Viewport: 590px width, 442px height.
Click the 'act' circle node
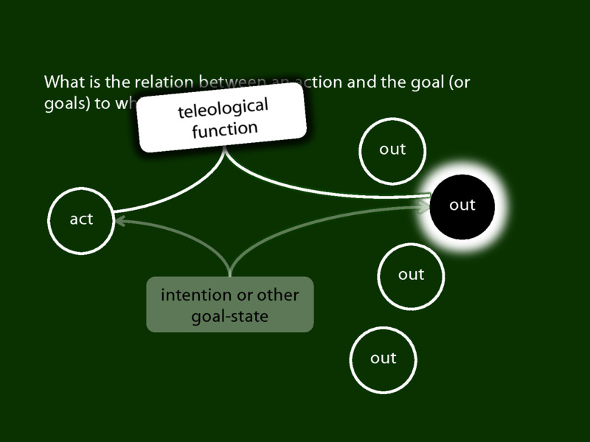81,220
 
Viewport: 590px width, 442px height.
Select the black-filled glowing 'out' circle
462,205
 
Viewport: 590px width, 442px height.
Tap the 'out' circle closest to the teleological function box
392,150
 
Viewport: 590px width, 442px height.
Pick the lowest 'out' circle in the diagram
383,359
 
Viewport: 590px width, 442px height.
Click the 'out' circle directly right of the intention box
411,275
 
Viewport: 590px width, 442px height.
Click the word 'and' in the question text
359,82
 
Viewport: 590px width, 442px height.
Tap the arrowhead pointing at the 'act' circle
120,219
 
